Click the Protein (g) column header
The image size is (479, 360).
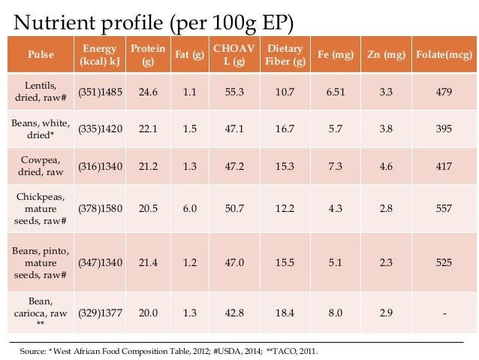pyautogui.click(x=148, y=54)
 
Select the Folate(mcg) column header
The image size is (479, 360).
pyautogui.click(x=443, y=54)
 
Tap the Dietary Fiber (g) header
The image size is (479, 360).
pyautogui.click(x=285, y=54)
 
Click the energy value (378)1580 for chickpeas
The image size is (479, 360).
pyautogui.click(x=101, y=208)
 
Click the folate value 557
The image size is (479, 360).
pyautogui.click(x=443, y=208)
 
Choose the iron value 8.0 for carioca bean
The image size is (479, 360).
pyautogui.click(x=335, y=314)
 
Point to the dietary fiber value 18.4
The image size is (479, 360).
pyautogui.click(x=285, y=314)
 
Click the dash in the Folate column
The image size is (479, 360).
pyautogui.click(x=443, y=314)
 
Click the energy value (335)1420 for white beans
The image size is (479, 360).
pyautogui.click(x=101, y=129)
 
